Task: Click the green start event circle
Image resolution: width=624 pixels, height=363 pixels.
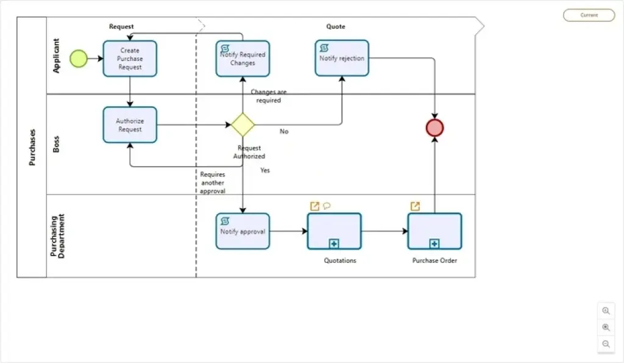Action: click(79, 59)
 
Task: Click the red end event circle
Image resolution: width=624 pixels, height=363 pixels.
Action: click(434, 128)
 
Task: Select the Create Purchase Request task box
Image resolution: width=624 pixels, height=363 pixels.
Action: click(130, 59)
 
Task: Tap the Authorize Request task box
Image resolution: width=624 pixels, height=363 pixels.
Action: click(130, 124)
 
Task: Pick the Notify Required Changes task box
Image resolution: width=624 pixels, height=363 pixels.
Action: click(243, 59)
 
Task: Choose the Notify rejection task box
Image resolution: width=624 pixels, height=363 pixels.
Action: click(342, 58)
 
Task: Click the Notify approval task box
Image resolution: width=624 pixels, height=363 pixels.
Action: click(243, 231)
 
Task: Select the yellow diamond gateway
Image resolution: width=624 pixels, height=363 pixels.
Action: click(243, 124)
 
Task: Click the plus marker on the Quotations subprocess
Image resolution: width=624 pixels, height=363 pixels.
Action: click(334, 243)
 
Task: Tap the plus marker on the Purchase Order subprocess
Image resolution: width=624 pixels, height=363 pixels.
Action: click(434, 243)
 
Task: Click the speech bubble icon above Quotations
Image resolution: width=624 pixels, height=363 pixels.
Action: click(327, 206)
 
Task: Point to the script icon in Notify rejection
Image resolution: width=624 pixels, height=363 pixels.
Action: click(324, 48)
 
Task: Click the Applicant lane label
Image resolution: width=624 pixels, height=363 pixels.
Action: click(56, 56)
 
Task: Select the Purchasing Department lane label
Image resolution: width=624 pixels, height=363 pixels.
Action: click(57, 236)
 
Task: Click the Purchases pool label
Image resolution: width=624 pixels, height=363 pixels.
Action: click(32, 147)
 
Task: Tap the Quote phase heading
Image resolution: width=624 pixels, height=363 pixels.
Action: click(336, 26)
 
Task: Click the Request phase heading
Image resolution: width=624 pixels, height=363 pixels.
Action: click(121, 26)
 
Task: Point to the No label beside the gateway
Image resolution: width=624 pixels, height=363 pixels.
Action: click(284, 131)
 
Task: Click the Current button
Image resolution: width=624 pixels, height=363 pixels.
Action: click(589, 15)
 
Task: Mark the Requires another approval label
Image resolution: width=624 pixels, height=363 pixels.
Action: click(213, 182)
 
